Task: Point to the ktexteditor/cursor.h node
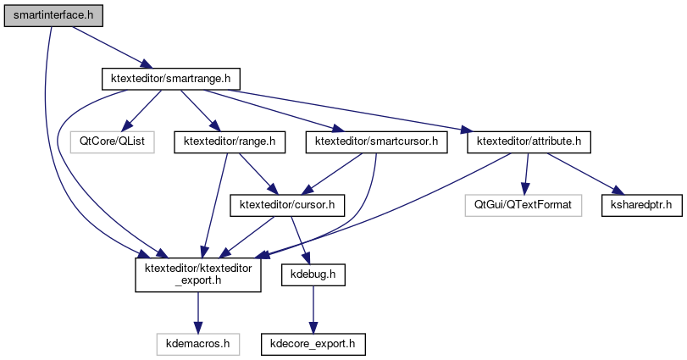(288, 204)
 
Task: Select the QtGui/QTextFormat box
(524, 204)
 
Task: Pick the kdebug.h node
(313, 275)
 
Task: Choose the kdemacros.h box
(198, 345)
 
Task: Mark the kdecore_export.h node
(313, 345)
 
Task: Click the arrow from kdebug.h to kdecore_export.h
(313, 310)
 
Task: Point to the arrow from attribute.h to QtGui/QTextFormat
(526, 173)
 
